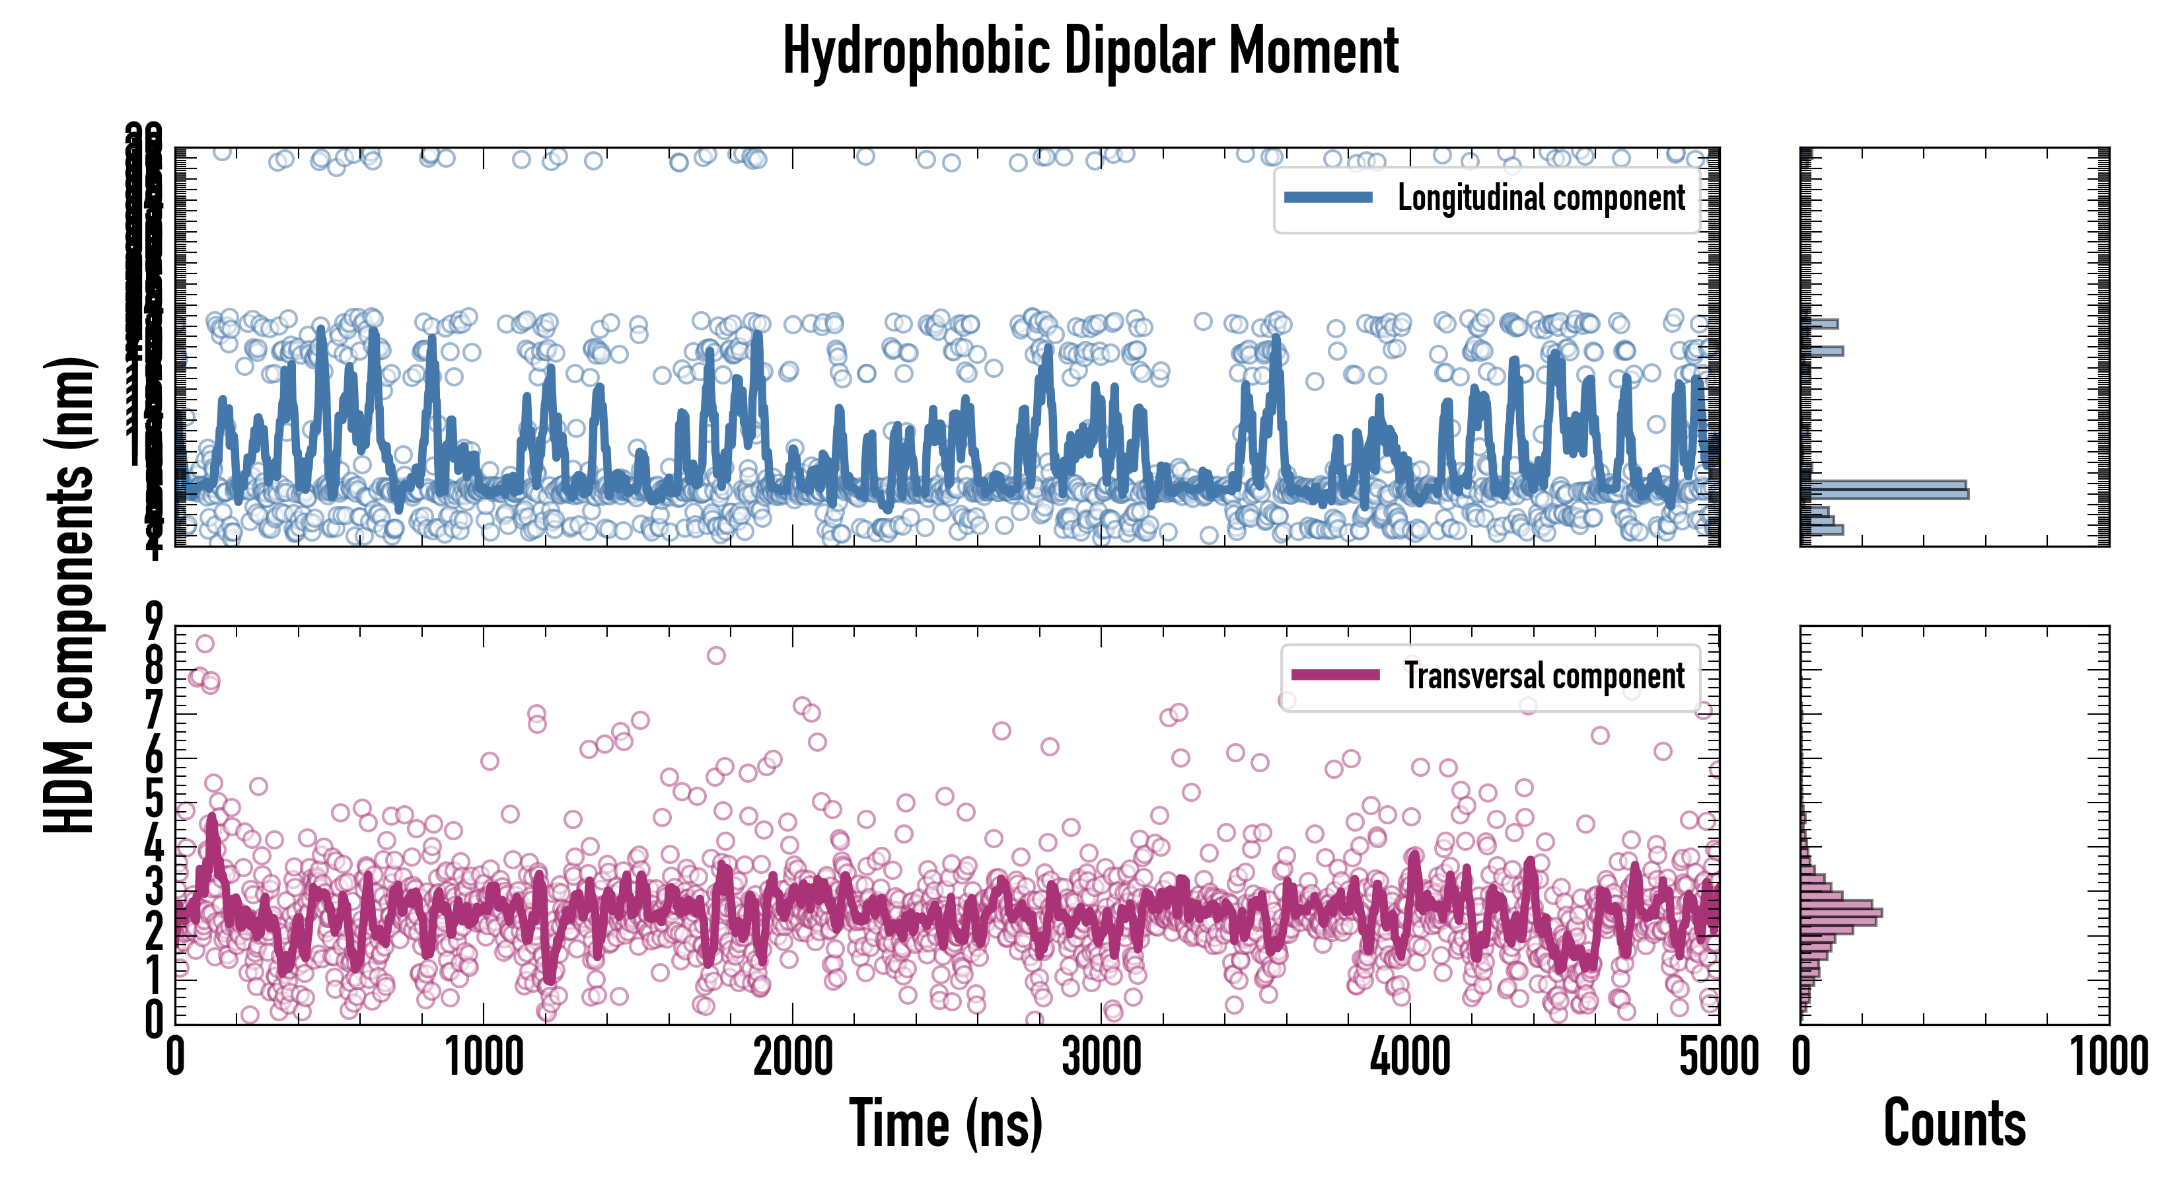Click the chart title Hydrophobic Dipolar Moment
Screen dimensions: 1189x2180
tap(1090, 52)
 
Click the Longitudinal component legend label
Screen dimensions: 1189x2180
tap(1541, 198)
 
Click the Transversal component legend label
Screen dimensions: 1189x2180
tap(1544, 676)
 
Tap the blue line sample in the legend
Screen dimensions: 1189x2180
tap(1328, 198)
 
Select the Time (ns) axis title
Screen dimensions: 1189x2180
tap(945, 1123)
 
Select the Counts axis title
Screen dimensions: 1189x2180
tap(1954, 1123)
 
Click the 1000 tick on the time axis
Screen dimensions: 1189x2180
tap(484, 1058)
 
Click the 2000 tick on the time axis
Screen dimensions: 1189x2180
tap(793, 1058)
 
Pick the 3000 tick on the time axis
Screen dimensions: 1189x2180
tap(1101, 1058)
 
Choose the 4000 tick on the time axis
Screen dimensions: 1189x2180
tap(1410, 1058)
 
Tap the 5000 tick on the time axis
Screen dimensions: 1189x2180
tap(1718, 1058)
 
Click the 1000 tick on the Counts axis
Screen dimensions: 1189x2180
tap(2108, 1058)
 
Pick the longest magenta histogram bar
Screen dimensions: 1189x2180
tap(1842, 913)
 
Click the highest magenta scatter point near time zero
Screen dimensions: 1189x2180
tap(205, 644)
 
